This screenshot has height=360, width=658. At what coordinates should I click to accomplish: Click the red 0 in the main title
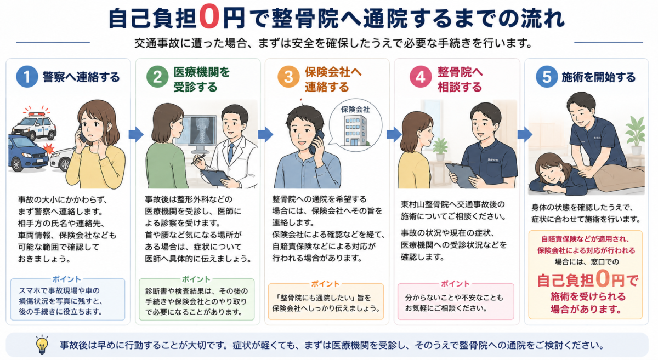(x=209, y=18)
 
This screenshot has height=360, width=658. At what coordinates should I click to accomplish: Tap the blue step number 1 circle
(x=27, y=77)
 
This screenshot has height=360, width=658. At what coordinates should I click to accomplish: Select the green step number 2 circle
(x=157, y=77)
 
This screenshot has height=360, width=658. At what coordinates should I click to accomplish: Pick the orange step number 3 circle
(x=288, y=77)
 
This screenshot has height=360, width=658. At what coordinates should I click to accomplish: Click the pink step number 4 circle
(x=421, y=77)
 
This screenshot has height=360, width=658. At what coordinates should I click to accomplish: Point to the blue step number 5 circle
(x=547, y=77)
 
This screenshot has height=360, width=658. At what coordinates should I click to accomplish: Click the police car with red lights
(x=34, y=125)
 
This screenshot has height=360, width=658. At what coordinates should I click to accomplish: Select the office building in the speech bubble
(x=356, y=130)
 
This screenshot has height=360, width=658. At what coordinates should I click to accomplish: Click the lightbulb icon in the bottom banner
(x=42, y=345)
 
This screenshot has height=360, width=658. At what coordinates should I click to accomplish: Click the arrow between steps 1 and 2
(x=136, y=134)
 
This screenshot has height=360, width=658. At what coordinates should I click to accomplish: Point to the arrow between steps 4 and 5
(x=525, y=134)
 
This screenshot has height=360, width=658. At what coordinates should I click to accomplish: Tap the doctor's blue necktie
(x=231, y=153)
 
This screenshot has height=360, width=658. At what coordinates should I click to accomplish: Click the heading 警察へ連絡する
(x=81, y=77)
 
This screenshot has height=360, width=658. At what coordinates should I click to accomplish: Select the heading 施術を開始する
(x=598, y=77)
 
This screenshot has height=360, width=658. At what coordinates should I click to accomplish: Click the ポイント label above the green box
(x=196, y=279)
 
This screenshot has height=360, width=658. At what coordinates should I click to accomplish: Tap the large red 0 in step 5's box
(x=603, y=279)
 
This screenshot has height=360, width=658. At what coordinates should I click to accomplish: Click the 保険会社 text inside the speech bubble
(x=355, y=110)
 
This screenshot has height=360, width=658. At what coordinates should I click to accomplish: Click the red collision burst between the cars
(x=48, y=148)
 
